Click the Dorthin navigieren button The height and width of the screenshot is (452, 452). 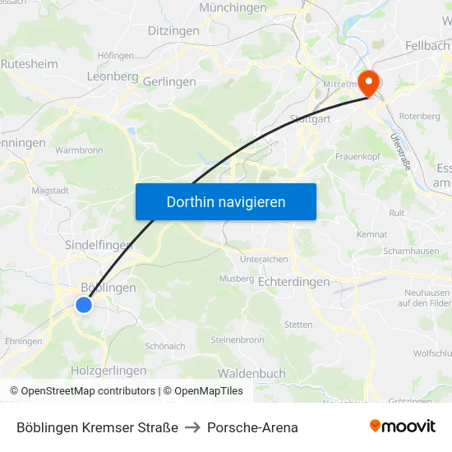[x=226, y=201]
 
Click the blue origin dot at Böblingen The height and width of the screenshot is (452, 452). [x=84, y=305]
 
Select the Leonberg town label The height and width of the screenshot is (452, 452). [x=112, y=76]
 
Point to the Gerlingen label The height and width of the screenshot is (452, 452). [x=169, y=81]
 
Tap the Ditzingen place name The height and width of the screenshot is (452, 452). [x=173, y=30]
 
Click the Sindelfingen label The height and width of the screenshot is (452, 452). [x=99, y=245]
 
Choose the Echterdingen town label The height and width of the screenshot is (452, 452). [x=294, y=282]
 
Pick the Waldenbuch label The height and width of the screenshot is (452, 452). [x=251, y=373]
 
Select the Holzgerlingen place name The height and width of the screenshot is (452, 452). [x=108, y=371]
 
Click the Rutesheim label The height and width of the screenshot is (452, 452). [x=30, y=62]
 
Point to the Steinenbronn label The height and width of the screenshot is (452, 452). [x=238, y=339]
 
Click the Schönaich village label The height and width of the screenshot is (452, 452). [x=164, y=346]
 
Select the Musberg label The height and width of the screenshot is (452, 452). [x=237, y=279]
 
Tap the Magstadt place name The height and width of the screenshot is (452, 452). [x=49, y=190]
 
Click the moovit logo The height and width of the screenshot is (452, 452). [x=402, y=427]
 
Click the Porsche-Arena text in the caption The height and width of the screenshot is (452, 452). [x=252, y=427]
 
